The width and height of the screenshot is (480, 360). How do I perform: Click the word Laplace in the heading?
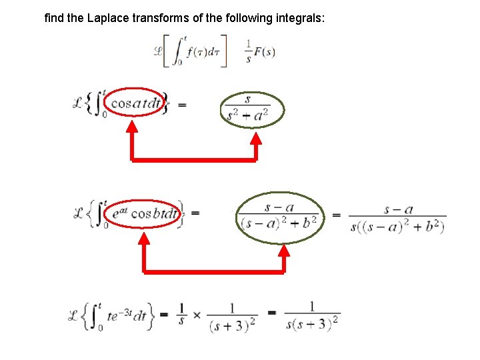tap(106, 18)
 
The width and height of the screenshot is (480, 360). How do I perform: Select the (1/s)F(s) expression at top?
tap(260, 52)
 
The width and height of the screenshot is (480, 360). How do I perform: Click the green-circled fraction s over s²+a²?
tap(252, 109)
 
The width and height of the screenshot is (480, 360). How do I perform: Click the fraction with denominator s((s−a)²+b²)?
tap(398, 218)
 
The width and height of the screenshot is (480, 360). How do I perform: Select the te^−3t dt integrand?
tap(126, 316)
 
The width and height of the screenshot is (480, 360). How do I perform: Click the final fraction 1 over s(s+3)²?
tap(312, 316)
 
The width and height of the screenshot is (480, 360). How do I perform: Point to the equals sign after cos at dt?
tap(182, 104)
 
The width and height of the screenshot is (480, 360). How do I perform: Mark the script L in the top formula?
tap(159, 51)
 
